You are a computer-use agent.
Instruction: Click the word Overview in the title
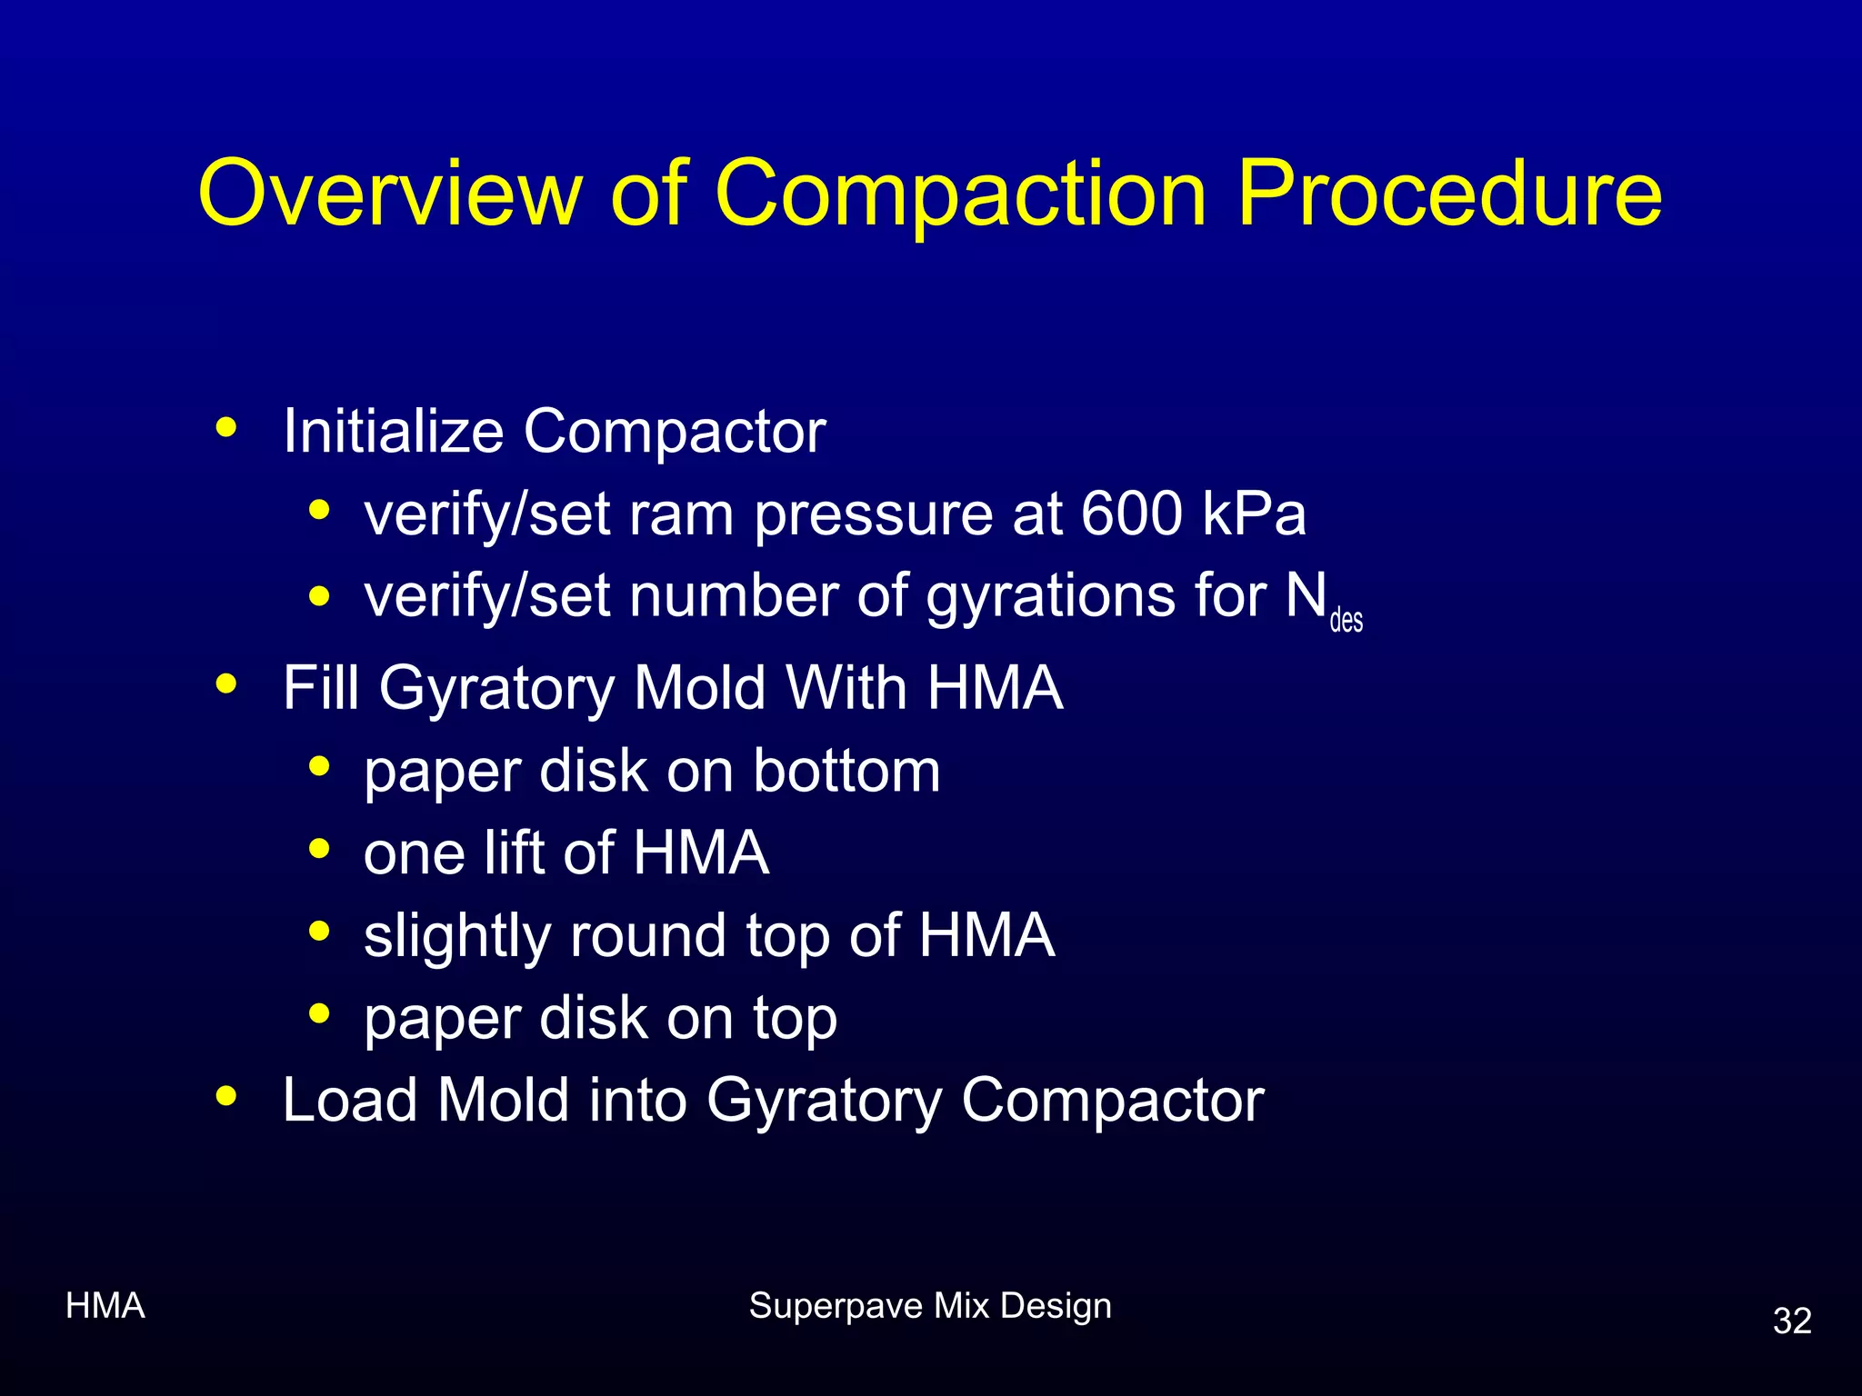point(389,193)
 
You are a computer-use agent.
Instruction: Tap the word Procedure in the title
point(1449,193)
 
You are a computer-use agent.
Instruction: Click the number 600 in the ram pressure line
point(1131,514)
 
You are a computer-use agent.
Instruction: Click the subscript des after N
point(1346,621)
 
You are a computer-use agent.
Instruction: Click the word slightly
point(456,936)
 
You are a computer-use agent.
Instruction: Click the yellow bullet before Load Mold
point(226,1096)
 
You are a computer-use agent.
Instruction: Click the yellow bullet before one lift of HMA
point(319,850)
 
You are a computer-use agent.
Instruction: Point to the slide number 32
point(1792,1321)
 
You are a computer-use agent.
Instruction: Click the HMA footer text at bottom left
point(105,1306)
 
